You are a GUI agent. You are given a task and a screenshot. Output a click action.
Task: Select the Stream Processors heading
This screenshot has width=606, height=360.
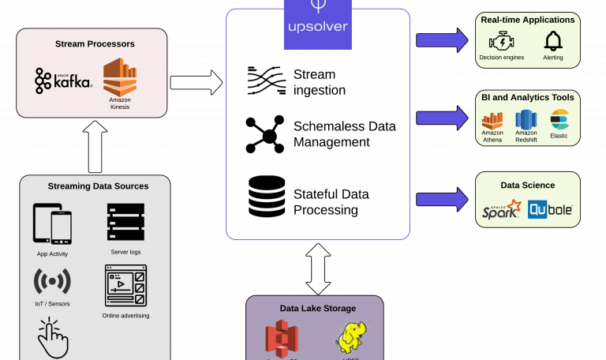pos(95,43)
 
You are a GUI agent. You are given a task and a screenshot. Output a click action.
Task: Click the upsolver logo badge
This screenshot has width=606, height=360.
pos(317,27)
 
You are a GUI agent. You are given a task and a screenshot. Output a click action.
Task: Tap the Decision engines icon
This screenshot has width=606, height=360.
pos(501,41)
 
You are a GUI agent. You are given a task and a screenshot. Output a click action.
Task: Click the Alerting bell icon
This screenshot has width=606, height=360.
pos(553,40)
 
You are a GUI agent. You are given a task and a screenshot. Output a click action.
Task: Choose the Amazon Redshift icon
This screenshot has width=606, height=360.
pos(526,119)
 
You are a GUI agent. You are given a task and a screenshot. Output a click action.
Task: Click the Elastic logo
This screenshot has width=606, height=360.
pos(559,119)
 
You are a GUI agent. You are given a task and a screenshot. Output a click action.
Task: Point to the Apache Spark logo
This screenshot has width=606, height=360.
pos(502,210)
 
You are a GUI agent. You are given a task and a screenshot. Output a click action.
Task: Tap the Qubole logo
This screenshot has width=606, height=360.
pos(551,210)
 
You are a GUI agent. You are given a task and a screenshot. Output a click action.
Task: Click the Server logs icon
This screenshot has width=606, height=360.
pos(125,222)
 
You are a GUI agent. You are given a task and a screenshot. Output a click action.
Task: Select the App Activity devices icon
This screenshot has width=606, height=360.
pos(52,224)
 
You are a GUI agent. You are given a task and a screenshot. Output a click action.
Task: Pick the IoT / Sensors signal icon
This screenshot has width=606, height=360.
pos(52,281)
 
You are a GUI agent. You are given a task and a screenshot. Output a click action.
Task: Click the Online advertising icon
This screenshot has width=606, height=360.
pos(125,285)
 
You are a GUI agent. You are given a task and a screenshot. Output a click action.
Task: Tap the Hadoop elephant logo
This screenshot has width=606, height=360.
pos(350,338)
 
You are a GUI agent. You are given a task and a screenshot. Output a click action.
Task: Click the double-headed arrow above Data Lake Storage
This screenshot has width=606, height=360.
pos(318,268)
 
